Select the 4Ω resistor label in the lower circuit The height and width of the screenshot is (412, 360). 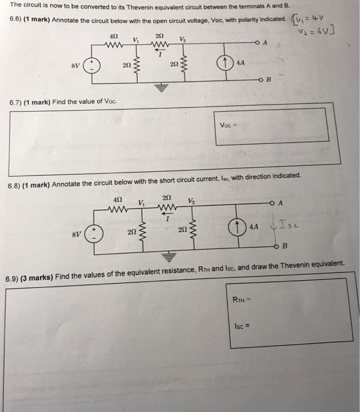click(116, 200)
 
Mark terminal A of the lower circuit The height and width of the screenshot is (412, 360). click(274, 204)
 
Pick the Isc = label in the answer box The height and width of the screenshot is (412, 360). click(242, 325)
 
